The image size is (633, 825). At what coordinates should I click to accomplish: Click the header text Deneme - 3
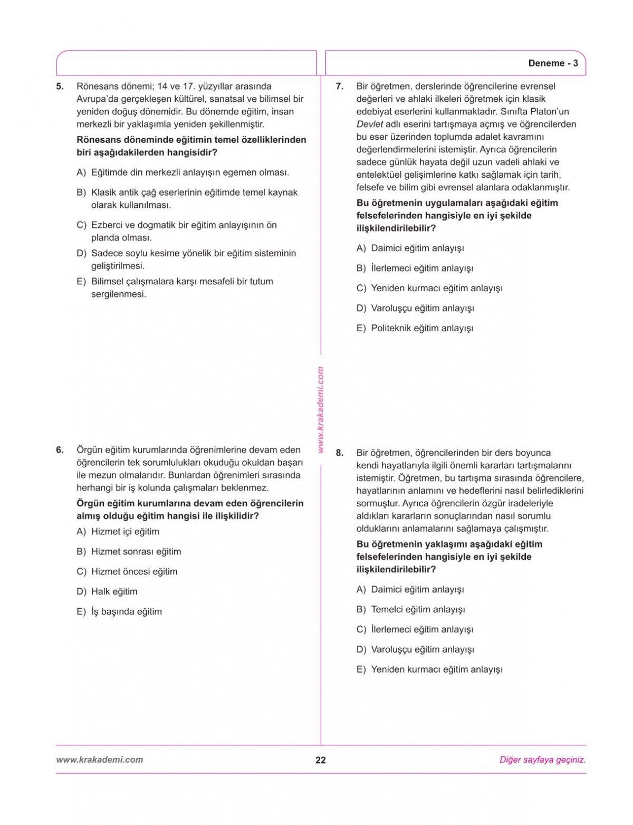(x=553, y=63)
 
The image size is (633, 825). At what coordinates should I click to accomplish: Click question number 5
(x=60, y=87)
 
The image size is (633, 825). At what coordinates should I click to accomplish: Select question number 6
(x=60, y=450)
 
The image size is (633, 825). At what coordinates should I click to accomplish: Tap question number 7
(x=340, y=87)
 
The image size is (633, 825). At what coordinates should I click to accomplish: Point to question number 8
(x=340, y=453)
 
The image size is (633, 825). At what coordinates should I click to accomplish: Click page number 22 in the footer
(x=320, y=760)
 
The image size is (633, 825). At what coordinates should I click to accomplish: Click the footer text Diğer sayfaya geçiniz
(x=542, y=760)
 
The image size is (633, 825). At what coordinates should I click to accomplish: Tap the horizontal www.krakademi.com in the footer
(x=99, y=760)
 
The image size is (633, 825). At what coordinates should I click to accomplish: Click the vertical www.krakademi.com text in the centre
(x=320, y=409)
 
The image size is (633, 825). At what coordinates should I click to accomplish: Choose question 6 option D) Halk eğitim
(x=107, y=592)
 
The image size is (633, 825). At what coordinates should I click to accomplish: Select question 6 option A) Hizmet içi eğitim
(x=118, y=532)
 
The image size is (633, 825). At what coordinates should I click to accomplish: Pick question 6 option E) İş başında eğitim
(x=119, y=612)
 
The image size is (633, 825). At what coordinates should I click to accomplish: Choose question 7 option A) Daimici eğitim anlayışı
(x=410, y=248)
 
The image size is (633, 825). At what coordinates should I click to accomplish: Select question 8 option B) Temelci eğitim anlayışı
(x=410, y=610)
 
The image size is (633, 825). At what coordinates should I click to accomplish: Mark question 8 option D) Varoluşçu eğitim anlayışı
(x=415, y=650)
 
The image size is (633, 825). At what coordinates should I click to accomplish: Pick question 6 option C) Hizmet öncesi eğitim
(x=127, y=572)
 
